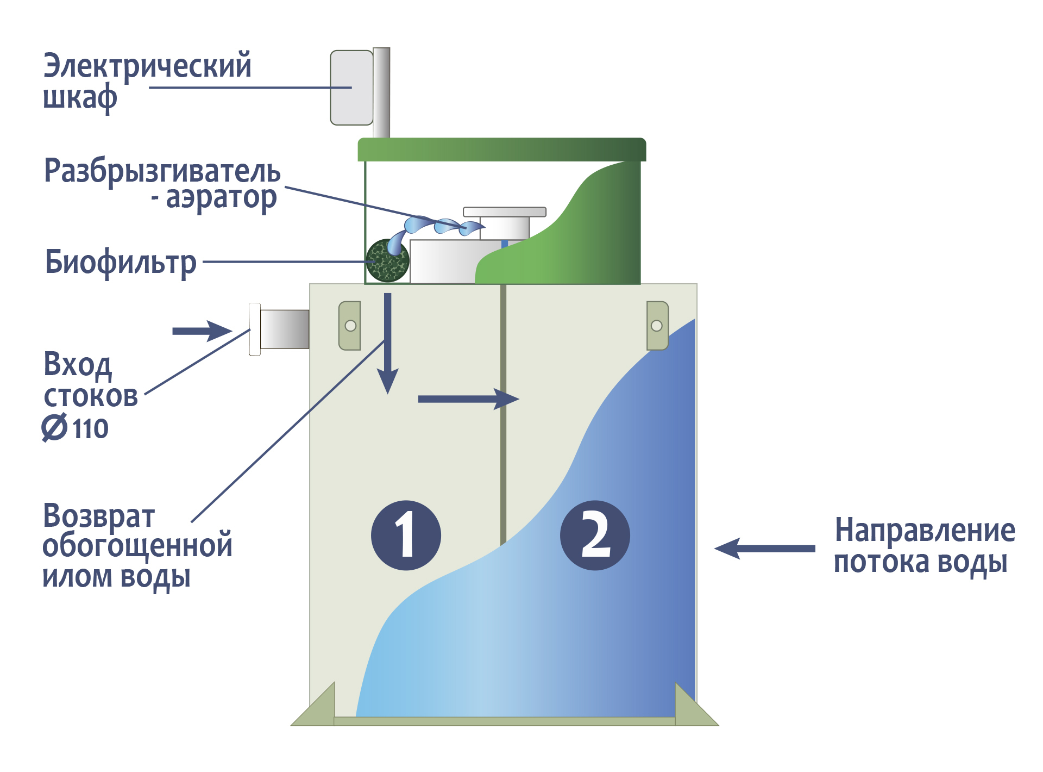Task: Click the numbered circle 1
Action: (406, 535)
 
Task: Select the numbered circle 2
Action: (595, 535)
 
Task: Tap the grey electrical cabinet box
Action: (351, 88)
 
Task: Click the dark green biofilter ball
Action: (387, 262)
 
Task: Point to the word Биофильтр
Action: (121, 263)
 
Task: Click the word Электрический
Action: (147, 66)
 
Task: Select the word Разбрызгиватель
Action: (162, 171)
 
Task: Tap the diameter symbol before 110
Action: (55, 427)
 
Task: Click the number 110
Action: (91, 428)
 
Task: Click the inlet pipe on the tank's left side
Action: (284, 329)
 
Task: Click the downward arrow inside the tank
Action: (388, 343)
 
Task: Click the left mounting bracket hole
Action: (350, 326)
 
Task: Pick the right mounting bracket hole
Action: (656, 326)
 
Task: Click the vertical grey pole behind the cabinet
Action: (381, 92)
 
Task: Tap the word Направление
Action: (925, 530)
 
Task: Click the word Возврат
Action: (99, 516)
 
